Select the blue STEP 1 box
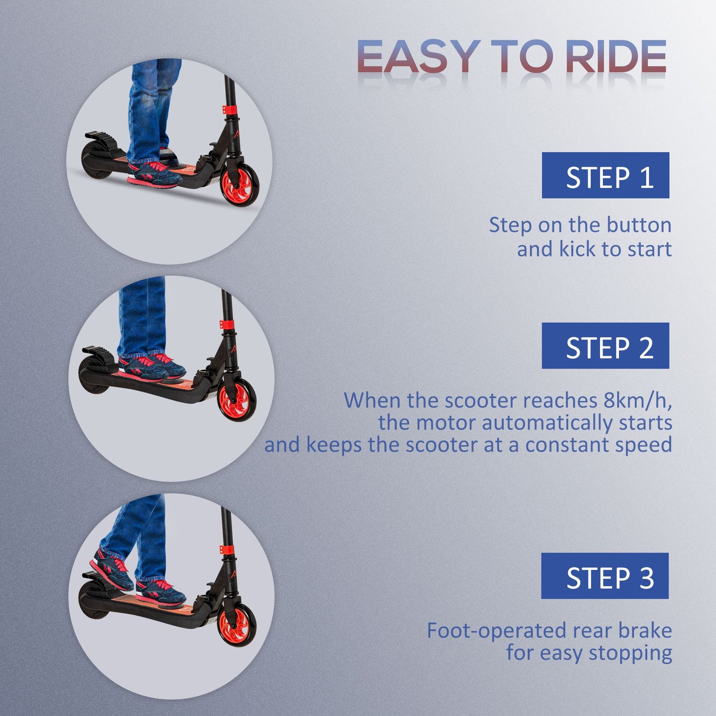click(x=605, y=175)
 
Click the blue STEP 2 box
click(x=605, y=346)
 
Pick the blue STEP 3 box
click(x=605, y=576)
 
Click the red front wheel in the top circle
click(x=240, y=187)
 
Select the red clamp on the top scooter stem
click(x=229, y=110)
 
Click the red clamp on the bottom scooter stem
click(x=226, y=551)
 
